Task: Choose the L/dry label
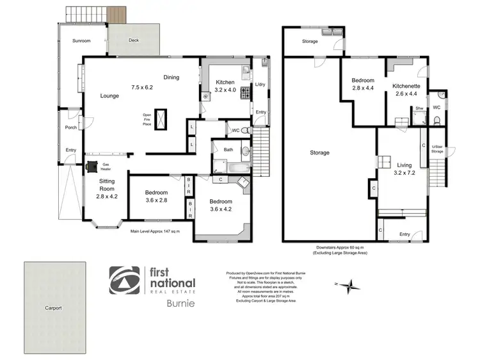[x=260, y=85]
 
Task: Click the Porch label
[x=71, y=127]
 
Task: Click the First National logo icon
[x=125, y=282]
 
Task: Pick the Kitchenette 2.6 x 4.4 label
[x=406, y=90]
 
